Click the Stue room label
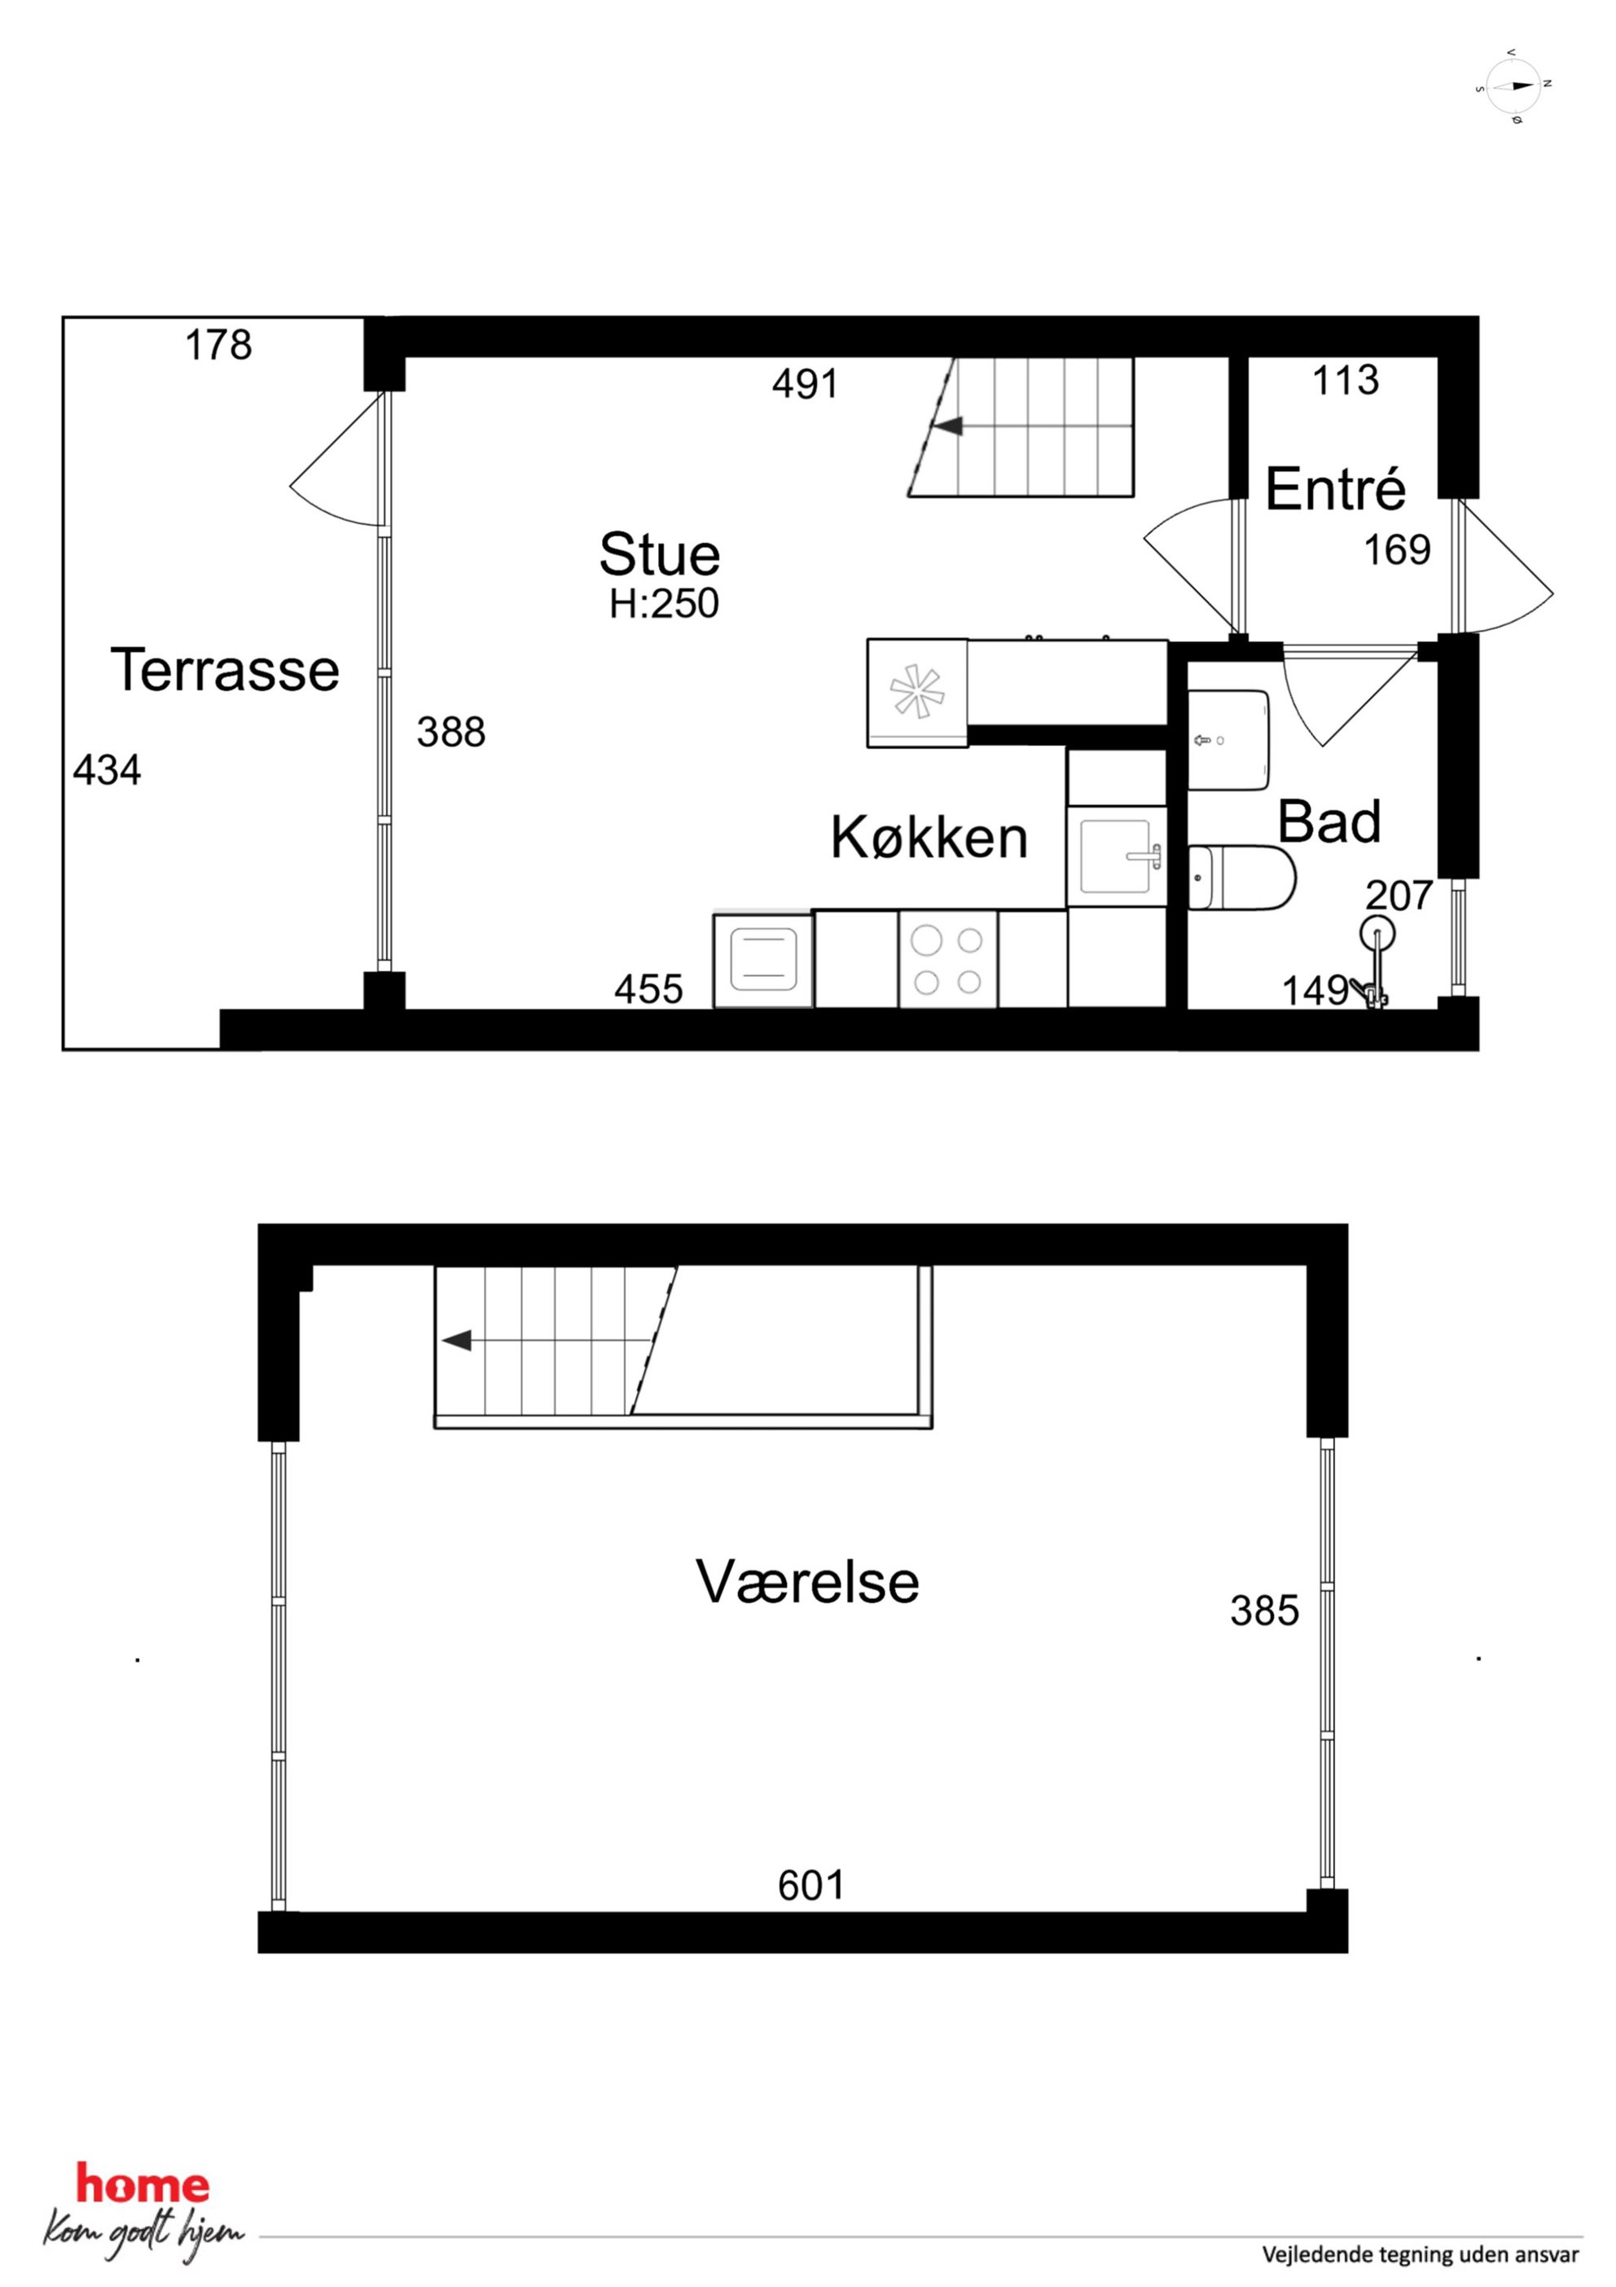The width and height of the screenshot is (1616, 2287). tap(659, 555)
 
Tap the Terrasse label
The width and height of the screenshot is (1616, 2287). tap(225, 669)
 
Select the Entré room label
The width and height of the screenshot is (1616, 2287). tap(1335, 488)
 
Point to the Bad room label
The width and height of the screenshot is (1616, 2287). tap(1329, 822)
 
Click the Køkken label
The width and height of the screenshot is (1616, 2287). tap(929, 838)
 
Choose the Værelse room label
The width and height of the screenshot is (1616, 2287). tap(807, 1582)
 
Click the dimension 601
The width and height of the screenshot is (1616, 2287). tap(811, 1884)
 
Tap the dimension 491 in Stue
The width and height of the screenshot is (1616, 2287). tap(806, 384)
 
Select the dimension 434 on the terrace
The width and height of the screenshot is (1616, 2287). tap(108, 770)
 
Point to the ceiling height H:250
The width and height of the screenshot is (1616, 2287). tap(664, 604)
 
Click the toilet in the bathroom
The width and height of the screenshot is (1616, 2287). tap(1241, 878)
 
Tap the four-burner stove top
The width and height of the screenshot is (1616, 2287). tap(948, 960)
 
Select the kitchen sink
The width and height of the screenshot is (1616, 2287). tap(1116, 856)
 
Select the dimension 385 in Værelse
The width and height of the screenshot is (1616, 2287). tap(1264, 1611)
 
